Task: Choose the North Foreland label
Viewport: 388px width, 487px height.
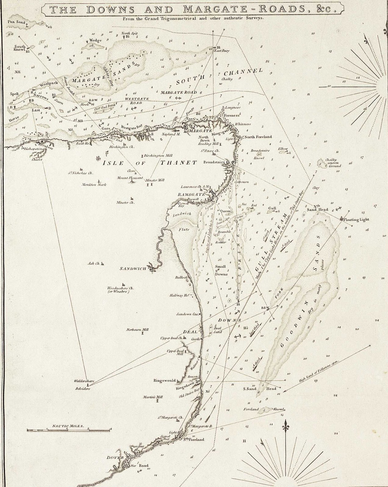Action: tap(258, 137)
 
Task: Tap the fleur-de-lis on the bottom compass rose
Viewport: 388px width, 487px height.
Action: tap(286, 424)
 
